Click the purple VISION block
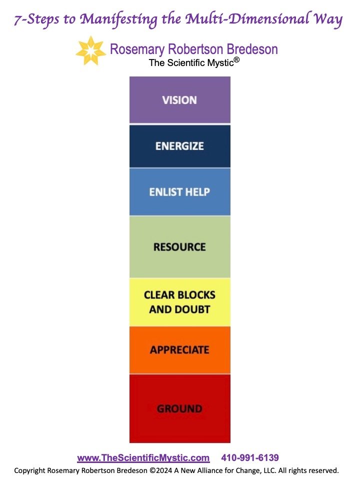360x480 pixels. (179, 99)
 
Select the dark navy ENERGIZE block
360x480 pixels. (179, 146)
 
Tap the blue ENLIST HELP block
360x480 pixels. (179, 192)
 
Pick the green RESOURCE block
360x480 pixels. (179, 246)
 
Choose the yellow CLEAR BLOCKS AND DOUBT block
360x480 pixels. (179, 302)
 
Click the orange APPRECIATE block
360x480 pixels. (179, 349)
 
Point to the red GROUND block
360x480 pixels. (179, 408)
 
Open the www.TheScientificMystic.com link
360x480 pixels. (143, 458)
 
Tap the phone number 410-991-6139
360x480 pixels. (250, 458)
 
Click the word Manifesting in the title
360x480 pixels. (115, 20)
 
